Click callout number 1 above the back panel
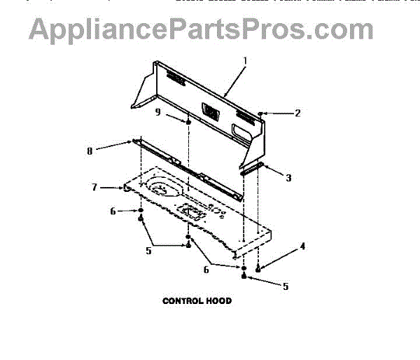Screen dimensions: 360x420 coord(244,61)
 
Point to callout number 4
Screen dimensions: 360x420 coord(302,246)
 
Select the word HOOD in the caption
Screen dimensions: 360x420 coord(218,301)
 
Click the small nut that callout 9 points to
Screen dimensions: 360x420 coord(189,123)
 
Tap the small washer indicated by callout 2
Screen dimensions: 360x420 coord(260,112)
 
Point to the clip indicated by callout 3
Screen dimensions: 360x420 coord(252,168)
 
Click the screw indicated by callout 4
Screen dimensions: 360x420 coord(259,268)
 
